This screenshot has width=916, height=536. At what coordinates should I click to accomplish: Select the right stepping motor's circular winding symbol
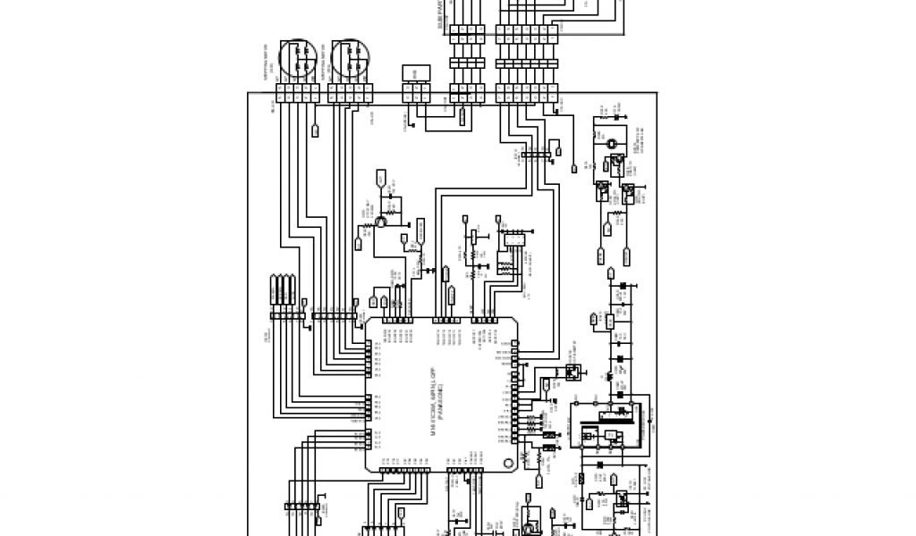click(348, 60)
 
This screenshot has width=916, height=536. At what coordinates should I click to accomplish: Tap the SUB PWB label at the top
click(440, 16)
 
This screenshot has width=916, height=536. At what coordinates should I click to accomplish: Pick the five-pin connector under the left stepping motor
click(298, 91)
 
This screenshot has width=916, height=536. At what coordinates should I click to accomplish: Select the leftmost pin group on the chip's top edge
click(396, 319)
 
